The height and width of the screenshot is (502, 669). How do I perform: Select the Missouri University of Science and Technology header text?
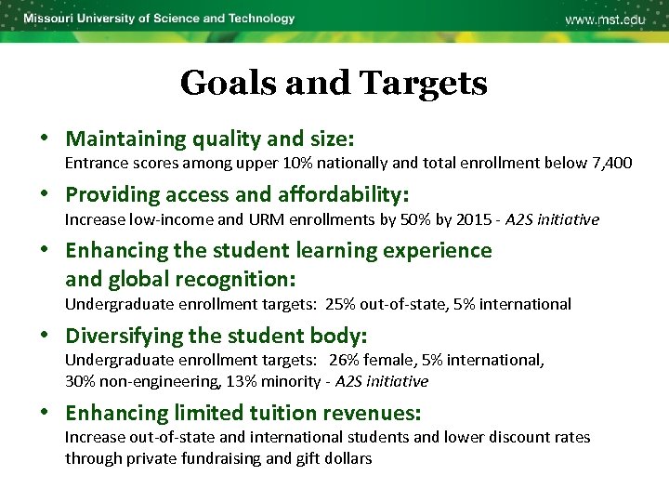click(159, 19)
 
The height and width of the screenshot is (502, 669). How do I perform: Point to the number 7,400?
click(611, 164)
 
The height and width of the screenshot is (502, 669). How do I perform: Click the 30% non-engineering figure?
click(80, 381)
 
